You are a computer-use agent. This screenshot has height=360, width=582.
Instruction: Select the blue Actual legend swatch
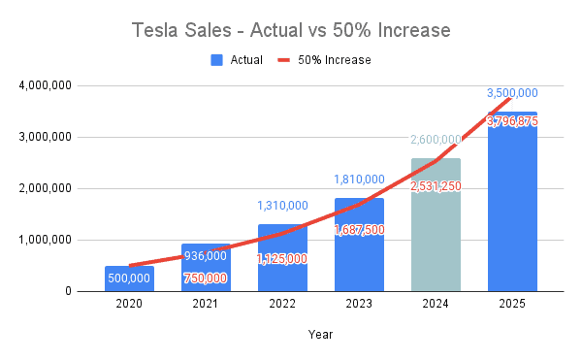click(216, 60)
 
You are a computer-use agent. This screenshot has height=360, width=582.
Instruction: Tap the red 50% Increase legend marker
click(284, 60)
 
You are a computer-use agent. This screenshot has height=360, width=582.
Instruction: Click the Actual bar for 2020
click(129, 278)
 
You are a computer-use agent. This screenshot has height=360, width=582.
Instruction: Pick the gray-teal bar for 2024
click(436, 225)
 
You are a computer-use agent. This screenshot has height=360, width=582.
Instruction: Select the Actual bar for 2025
click(512, 202)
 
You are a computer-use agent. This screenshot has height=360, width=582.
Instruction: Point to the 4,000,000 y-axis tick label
click(45, 85)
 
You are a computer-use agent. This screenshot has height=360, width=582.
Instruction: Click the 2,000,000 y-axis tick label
click(45, 188)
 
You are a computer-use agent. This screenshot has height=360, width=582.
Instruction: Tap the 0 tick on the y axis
click(68, 291)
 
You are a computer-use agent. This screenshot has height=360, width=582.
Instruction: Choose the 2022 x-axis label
click(282, 304)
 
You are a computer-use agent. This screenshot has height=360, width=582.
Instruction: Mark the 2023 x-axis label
click(359, 304)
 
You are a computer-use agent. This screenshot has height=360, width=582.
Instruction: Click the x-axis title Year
click(320, 335)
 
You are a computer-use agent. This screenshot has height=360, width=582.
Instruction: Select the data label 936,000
click(206, 256)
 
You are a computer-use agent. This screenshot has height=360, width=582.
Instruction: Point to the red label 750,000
click(206, 278)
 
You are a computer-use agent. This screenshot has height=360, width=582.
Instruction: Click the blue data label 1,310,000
click(283, 206)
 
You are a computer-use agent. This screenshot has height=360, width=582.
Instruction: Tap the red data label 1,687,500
click(359, 230)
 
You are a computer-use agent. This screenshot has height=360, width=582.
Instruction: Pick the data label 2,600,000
click(436, 140)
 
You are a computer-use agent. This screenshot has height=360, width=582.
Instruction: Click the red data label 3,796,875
click(512, 121)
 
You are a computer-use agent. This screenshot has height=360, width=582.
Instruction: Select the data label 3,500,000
click(512, 93)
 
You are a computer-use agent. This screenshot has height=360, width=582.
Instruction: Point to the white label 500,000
click(129, 278)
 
